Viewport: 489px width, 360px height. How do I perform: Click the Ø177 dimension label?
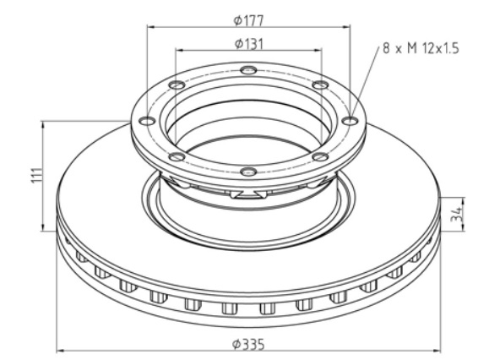(x=248, y=20)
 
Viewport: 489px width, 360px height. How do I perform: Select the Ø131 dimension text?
(x=248, y=44)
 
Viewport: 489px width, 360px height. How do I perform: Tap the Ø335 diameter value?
(x=248, y=345)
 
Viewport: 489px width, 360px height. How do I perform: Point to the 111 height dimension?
(x=37, y=176)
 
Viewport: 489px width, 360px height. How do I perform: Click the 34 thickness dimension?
(x=457, y=215)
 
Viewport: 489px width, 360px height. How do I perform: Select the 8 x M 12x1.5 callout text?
(x=421, y=48)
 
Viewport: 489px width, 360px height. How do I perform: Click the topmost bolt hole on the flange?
(x=248, y=70)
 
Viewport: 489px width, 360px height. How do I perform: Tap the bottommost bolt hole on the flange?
(x=248, y=172)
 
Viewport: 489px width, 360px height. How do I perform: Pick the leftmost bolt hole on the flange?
(x=147, y=121)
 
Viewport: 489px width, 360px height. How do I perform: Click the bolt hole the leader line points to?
(x=350, y=120)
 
